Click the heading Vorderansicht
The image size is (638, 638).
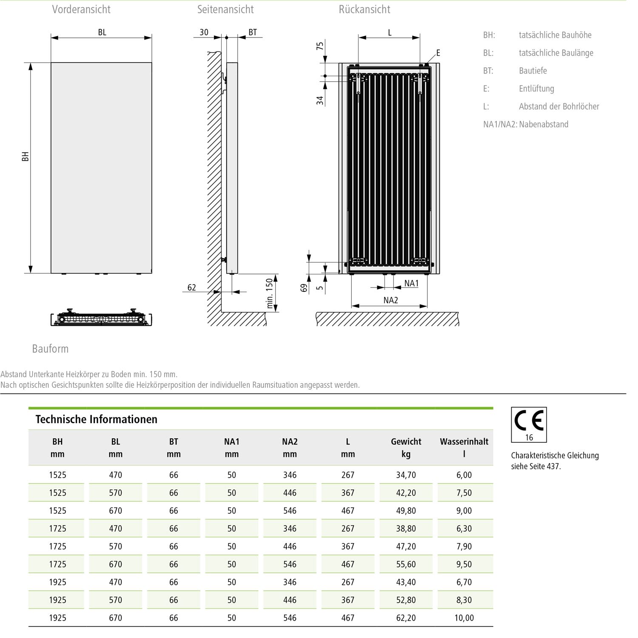coord(81,9)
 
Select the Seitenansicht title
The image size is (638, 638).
coord(225,9)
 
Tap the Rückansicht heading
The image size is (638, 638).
coord(364,9)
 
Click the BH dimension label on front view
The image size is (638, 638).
coord(26,157)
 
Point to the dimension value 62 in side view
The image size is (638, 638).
coord(192,288)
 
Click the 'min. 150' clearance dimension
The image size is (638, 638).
coord(269,293)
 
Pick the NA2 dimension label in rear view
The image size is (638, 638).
coord(390,300)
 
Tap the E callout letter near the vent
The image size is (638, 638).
coord(438,53)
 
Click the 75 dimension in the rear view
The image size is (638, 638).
coord(320,46)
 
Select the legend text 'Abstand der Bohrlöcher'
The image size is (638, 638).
coord(558,107)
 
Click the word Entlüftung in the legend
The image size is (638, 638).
coord(536,89)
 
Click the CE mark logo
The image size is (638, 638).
coord(529,421)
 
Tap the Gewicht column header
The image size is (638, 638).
coord(406,442)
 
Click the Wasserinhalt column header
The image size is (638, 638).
coord(464,442)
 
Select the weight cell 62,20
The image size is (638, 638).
coord(406,618)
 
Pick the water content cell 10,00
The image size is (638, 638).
coord(464,618)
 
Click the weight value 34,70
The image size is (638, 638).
coord(406,475)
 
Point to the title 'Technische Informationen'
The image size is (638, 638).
coord(96,419)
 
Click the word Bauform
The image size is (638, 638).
coord(50,349)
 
